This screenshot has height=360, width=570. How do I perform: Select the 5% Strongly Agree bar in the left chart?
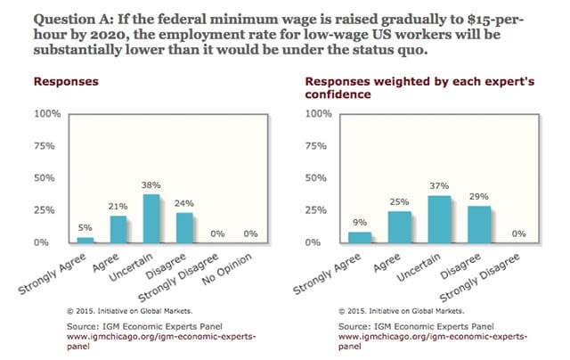[x=85, y=239]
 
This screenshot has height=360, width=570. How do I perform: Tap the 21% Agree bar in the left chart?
[x=118, y=228]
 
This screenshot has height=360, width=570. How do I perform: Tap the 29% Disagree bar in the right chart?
[x=481, y=224]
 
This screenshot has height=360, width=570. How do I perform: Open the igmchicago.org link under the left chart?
[x=129, y=340]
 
